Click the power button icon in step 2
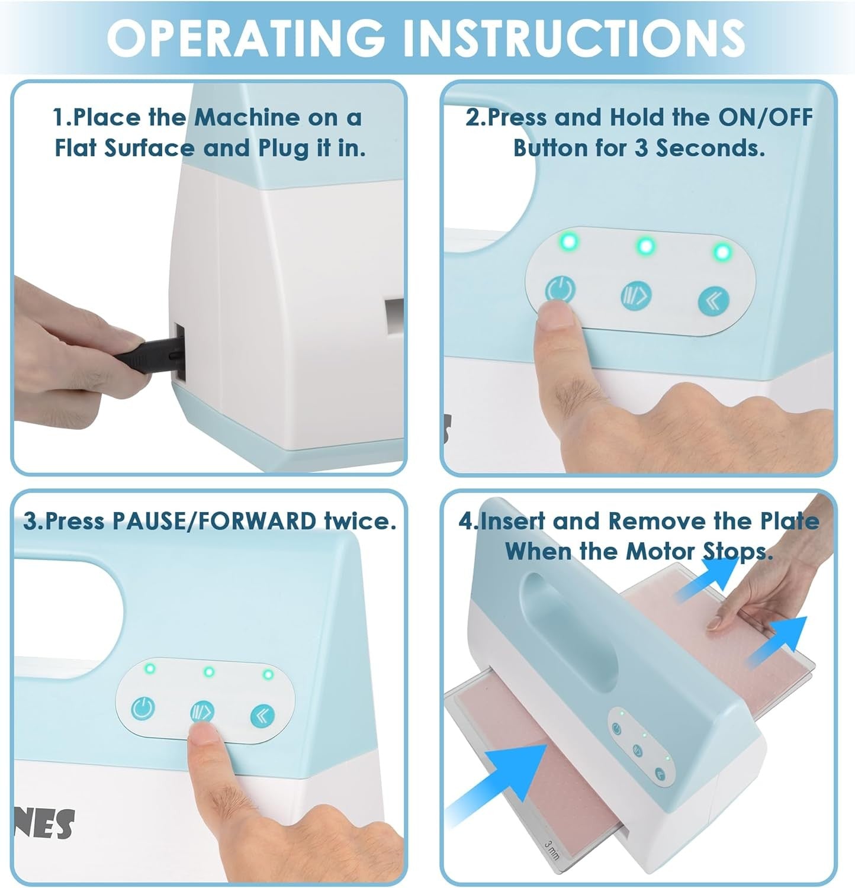560,290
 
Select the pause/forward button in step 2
637,294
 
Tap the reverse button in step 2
713,301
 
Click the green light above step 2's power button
570,242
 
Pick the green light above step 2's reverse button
722,252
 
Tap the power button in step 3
143,708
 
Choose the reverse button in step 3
262,716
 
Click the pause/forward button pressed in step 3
202,712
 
